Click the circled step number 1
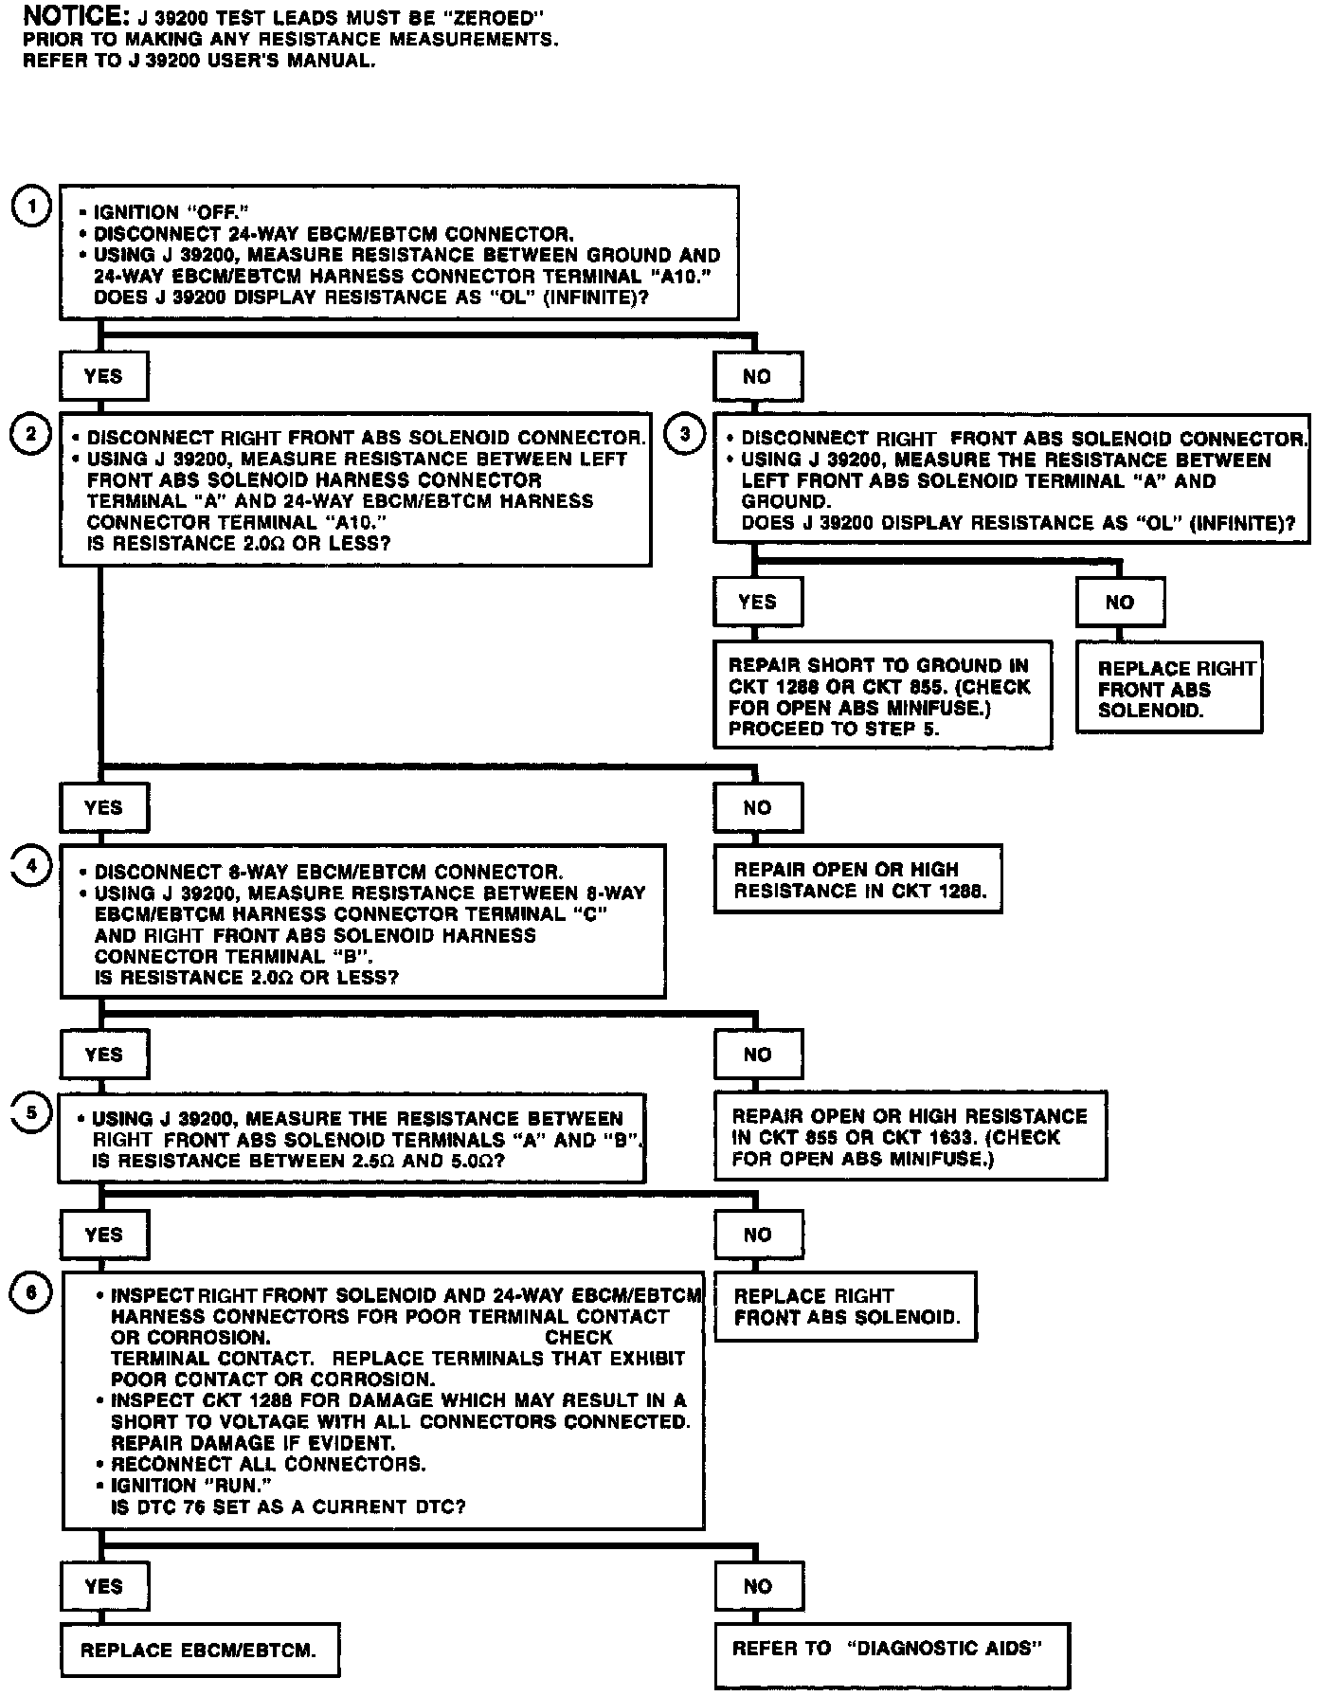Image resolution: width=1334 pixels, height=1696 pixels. [32, 207]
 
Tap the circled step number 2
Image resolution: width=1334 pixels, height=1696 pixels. [31, 434]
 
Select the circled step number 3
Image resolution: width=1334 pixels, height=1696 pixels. [686, 434]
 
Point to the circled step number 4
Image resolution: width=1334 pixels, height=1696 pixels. [31, 867]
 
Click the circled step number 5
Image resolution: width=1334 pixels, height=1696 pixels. [31, 1112]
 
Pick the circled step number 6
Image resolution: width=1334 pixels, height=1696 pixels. [31, 1293]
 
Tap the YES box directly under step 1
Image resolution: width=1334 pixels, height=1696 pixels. [103, 376]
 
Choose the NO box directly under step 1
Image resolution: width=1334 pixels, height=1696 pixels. [757, 376]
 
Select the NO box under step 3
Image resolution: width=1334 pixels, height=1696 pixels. [1120, 602]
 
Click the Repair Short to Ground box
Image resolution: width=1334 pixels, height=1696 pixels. [882, 695]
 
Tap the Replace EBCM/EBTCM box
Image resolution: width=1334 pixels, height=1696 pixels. [199, 1650]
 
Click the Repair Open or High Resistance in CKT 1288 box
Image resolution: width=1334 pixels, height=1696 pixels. [856, 879]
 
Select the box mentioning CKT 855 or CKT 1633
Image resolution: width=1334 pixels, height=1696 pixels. [910, 1137]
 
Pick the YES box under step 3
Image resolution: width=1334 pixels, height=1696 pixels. [757, 602]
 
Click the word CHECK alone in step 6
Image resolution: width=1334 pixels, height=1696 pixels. [579, 1337]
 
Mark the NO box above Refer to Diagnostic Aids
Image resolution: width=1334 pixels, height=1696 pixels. [757, 1586]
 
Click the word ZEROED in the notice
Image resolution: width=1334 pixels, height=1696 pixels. [494, 18]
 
